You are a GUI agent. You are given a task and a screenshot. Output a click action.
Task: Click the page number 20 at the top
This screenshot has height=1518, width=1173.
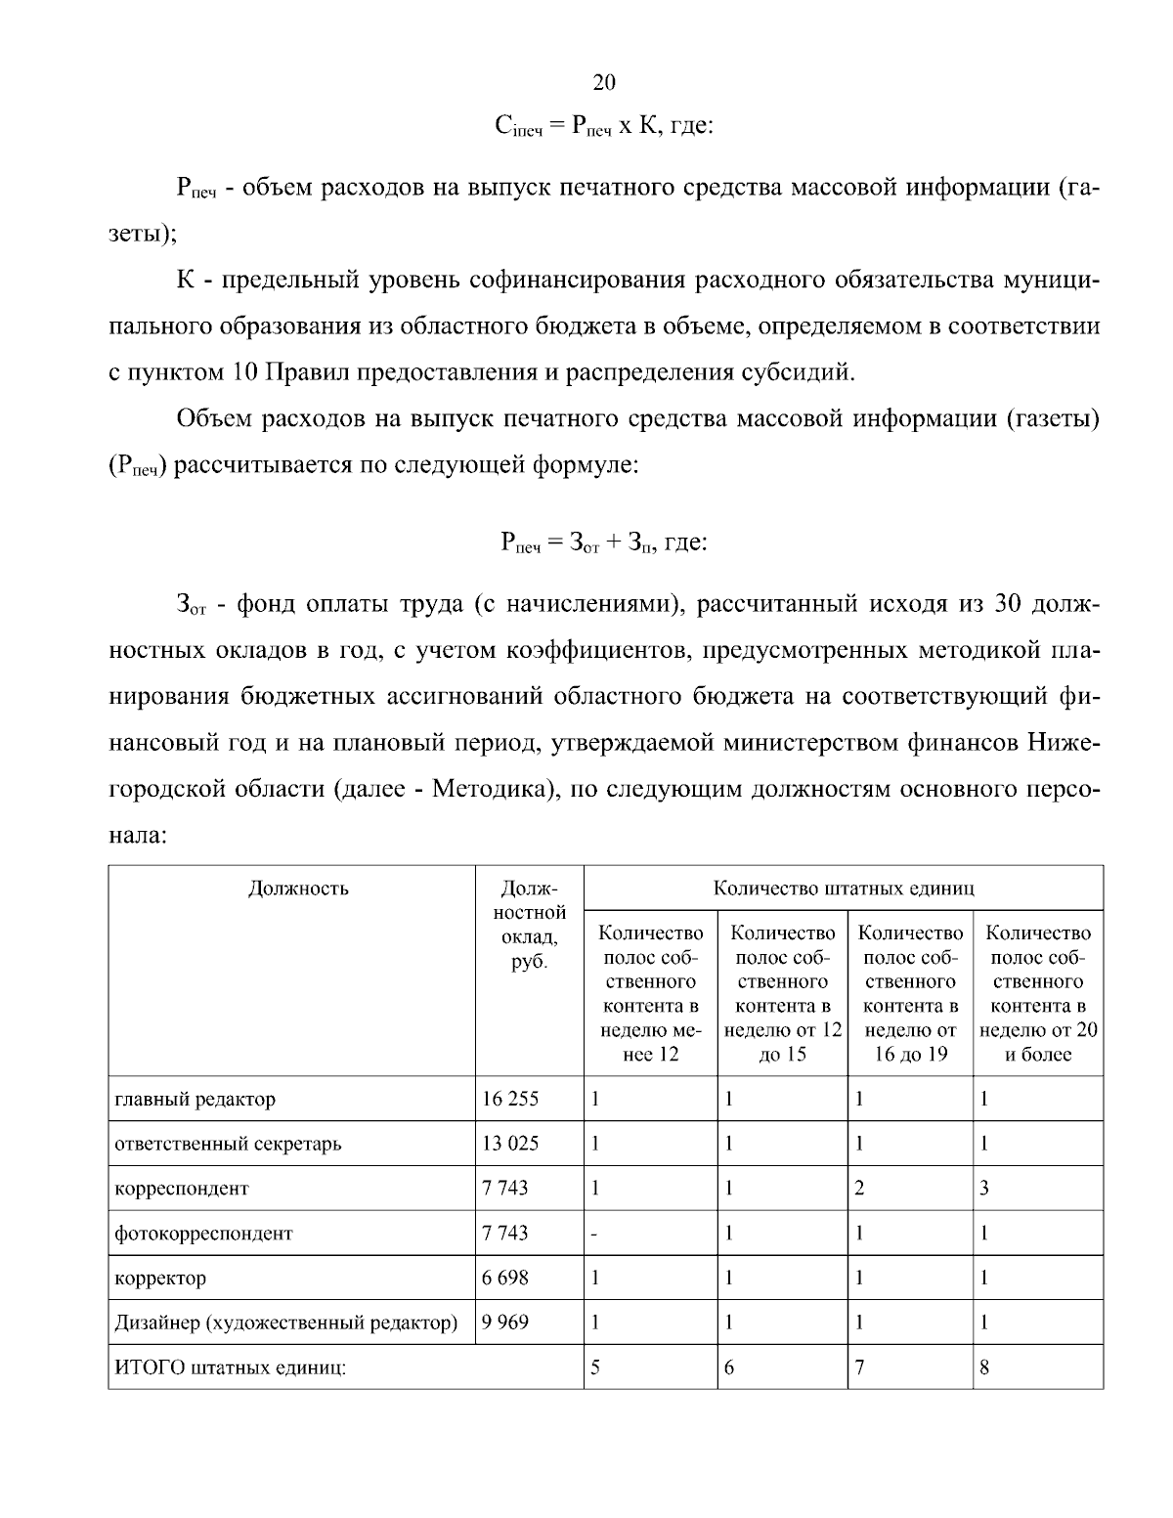(604, 82)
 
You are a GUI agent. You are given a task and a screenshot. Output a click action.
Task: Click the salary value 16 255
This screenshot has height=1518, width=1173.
(510, 1099)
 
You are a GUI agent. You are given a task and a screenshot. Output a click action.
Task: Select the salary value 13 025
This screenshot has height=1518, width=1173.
(510, 1143)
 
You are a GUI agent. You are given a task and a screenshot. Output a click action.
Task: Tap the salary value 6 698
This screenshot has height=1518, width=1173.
(505, 1278)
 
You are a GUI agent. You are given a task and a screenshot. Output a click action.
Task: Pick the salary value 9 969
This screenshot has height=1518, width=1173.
(505, 1323)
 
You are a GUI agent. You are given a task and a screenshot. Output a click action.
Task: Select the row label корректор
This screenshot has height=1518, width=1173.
(160, 1278)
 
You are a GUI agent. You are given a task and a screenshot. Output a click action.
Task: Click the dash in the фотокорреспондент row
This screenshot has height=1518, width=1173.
(594, 1235)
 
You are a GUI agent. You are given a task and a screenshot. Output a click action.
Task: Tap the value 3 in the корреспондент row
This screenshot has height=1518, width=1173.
(984, 1189)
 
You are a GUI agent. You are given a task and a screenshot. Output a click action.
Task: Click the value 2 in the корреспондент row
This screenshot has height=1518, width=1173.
(859, 1189)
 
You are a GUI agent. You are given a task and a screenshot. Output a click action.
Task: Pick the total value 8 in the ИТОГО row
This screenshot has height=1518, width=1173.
(984, 1367)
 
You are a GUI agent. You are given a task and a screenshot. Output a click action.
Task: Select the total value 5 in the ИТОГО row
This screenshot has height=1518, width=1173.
(594, 1367)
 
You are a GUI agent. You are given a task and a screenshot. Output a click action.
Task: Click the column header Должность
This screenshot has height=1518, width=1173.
(298, 888)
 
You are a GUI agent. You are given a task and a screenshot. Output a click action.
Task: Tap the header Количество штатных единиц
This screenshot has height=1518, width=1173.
(844, 888)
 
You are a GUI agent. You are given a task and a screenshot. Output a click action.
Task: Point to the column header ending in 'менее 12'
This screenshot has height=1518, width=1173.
(650, 993)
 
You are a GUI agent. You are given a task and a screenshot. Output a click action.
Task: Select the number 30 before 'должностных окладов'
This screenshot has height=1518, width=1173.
(1007, 604)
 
